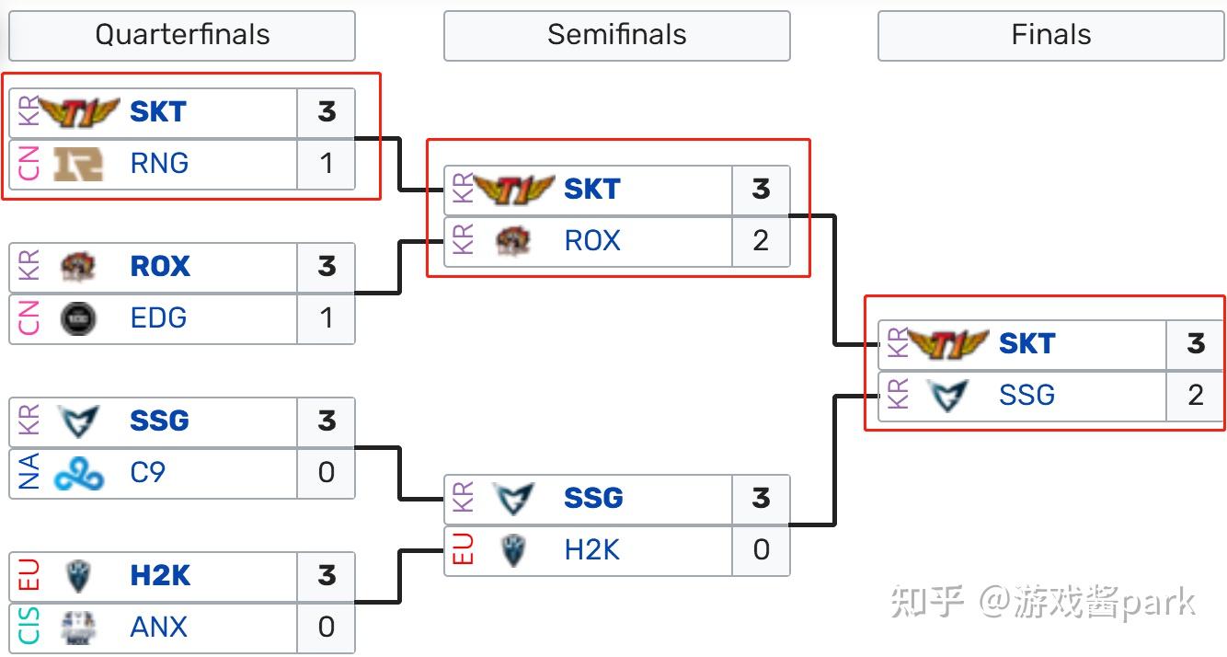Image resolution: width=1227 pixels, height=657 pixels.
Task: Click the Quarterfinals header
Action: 182,35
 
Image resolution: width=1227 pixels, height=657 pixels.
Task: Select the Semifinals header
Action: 616,35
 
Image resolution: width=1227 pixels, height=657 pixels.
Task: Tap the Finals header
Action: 1050,35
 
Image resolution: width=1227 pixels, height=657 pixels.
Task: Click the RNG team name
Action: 159,164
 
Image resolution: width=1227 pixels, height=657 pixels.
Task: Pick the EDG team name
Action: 158,318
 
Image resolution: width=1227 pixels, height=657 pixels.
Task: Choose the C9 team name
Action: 147,473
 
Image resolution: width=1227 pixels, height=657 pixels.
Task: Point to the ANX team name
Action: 158,628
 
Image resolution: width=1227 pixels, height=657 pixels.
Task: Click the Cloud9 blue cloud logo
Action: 78,473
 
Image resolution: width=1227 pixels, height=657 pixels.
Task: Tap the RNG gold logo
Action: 78,164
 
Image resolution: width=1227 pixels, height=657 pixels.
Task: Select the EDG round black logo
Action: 77,318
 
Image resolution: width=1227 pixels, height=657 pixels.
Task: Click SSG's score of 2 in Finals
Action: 1195,396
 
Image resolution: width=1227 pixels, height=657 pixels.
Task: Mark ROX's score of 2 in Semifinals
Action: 760,241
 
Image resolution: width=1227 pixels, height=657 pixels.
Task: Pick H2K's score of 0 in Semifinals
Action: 760,550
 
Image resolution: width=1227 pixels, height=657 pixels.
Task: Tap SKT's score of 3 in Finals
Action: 1195,344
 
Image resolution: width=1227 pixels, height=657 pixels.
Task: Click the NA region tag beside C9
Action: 28,473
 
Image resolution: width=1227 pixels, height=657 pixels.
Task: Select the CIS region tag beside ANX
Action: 28,628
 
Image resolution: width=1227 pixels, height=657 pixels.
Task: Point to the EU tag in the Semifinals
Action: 463,550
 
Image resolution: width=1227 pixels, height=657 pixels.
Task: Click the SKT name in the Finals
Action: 1026,344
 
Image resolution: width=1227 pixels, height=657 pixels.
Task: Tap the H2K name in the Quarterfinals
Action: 160,576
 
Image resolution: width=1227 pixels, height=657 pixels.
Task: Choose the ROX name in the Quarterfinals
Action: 160,267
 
